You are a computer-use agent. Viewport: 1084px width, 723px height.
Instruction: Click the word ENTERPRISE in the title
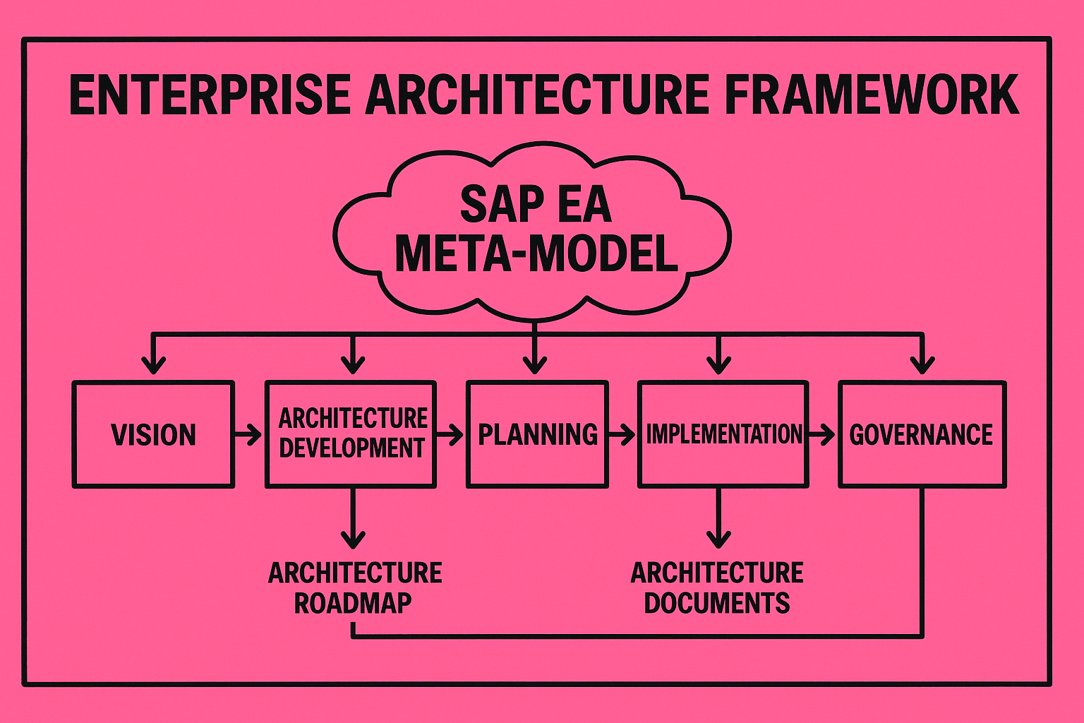pyautogui.click(x=210, y=95)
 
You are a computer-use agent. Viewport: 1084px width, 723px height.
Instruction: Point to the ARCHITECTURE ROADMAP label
pyautogui.click(x=355, y=588)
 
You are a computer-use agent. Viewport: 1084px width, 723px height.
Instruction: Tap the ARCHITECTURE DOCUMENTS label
pyautogui.click(x=717, y=588)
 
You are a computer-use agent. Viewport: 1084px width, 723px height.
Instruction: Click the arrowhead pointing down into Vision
pyautogui.click(x=153, y=366)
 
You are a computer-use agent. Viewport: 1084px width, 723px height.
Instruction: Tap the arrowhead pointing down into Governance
pyautogui.click(x=922, y=366)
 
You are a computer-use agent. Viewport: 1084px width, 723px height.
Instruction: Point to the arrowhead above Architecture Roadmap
pyautogui.click(x=353, y=540)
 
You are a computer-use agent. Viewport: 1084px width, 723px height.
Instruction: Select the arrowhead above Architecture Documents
pyautogui.click(x=718, y=540)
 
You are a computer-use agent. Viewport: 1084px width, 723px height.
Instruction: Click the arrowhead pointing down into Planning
pyautogui.click(x=535, y=366)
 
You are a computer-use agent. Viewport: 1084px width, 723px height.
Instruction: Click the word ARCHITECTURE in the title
pyautogui.click(x=537, y=95)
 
